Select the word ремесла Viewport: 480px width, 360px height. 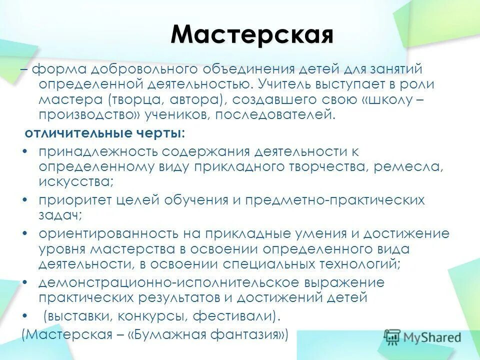pyautogui.click(x=408, y=166)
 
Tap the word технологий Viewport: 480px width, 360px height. pyautogui.click(x=356, y=263)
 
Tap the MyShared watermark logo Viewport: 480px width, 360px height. pyautogui.click(x=422, y=337)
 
